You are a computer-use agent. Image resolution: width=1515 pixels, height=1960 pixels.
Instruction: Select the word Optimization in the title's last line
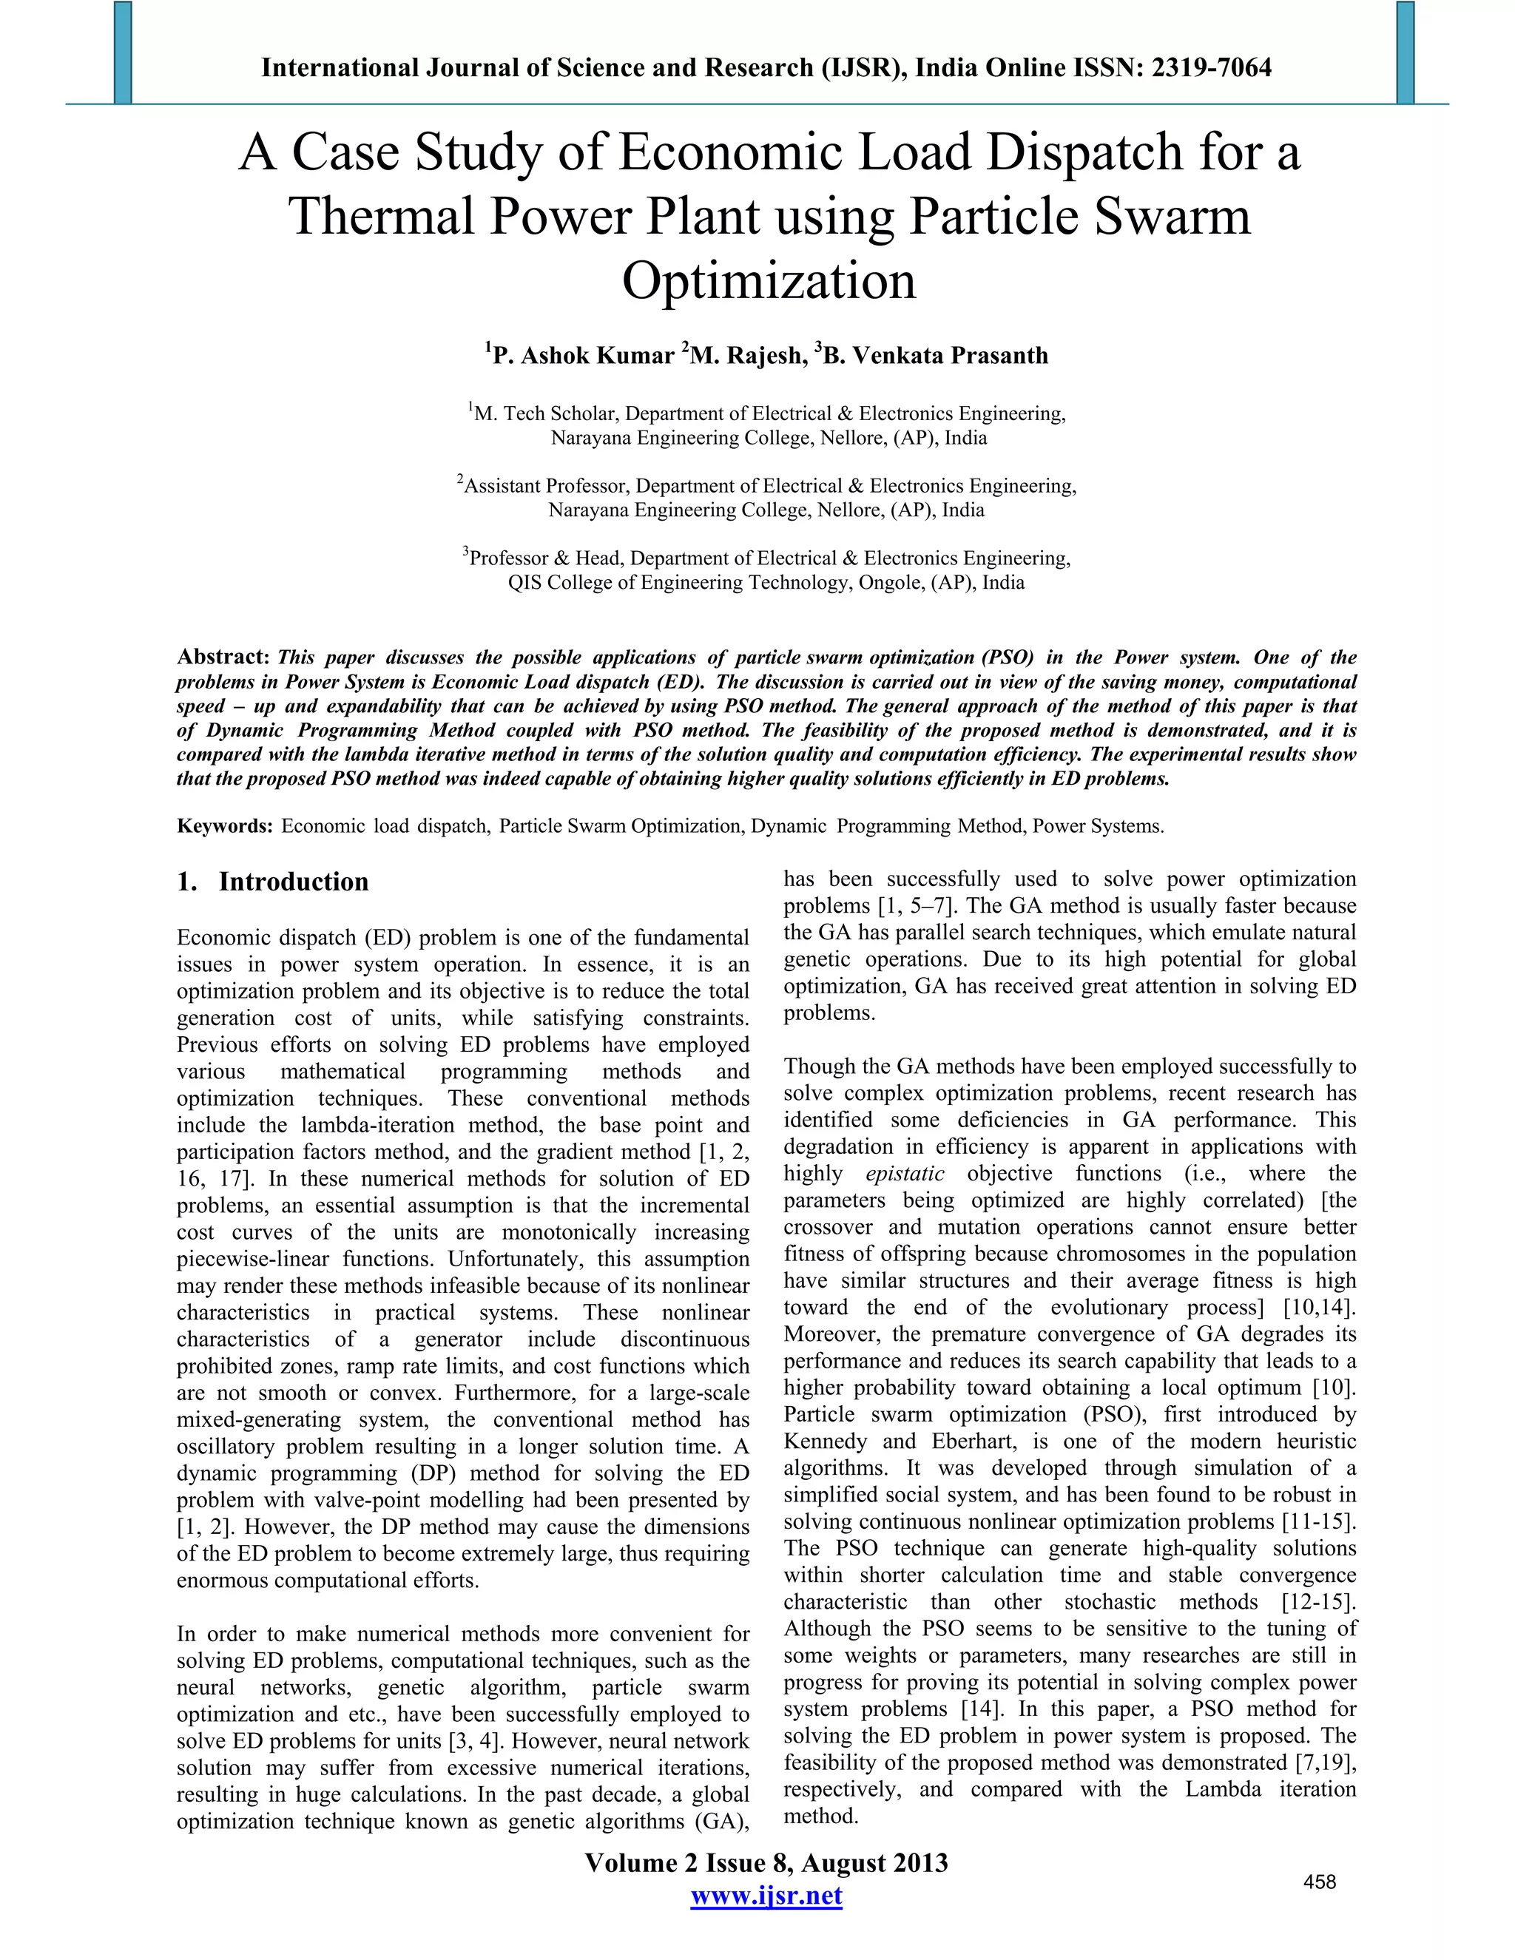tap(769, 281)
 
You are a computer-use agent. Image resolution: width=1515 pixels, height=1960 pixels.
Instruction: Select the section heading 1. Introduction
tap(273, 882)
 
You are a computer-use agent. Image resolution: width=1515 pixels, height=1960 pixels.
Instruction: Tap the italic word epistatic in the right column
tap(905, 1174)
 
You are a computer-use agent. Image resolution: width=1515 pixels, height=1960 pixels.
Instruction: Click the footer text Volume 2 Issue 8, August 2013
tap(766, 1863)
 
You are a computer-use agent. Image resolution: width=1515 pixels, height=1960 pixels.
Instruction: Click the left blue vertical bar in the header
tap(123, 52)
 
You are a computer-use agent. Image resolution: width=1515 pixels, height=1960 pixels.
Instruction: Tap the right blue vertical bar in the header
tap(1406, 52)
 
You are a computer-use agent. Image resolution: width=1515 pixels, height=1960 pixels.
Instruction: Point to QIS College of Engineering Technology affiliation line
tap(766, 582)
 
